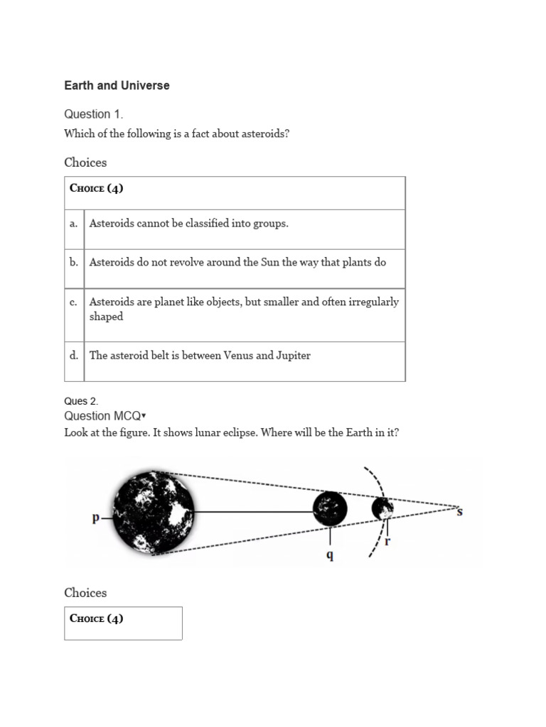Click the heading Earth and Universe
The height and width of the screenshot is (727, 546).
click(x=117, y=85)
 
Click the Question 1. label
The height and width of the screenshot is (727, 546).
click(x=88, y=114)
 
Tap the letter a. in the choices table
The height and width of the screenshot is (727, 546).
click(x=73, y=223)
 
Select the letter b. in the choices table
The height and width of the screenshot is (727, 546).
click(x=73, y=262)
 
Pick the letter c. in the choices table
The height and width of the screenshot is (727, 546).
click(x=73, y=302)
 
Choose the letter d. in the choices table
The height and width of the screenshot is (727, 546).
click(x=73, y=355)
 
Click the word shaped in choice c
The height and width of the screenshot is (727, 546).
click(x=106, y=317)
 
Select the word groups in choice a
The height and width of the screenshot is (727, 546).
click(x=271, y=224)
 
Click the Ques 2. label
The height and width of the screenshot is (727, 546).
click(x=81, y=401)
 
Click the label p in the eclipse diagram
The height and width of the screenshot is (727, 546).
click(x=96, y=518)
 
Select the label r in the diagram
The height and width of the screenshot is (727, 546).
click(x=387, y=541)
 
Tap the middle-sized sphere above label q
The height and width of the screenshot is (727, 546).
click(x=331, y=508)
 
